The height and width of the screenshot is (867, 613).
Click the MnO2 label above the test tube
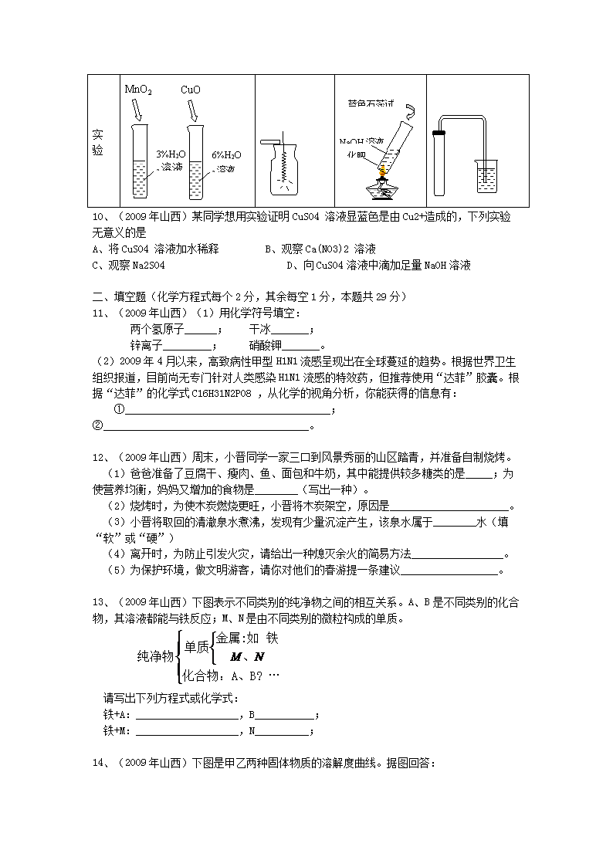(x=138, y=90)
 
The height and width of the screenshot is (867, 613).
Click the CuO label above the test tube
(x=191, y=90)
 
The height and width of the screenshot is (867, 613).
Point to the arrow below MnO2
(x=137, y=110)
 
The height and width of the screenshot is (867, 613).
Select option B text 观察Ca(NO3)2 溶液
(x=320, y=249)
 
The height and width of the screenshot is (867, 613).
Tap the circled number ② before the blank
(x=97, y=425)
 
